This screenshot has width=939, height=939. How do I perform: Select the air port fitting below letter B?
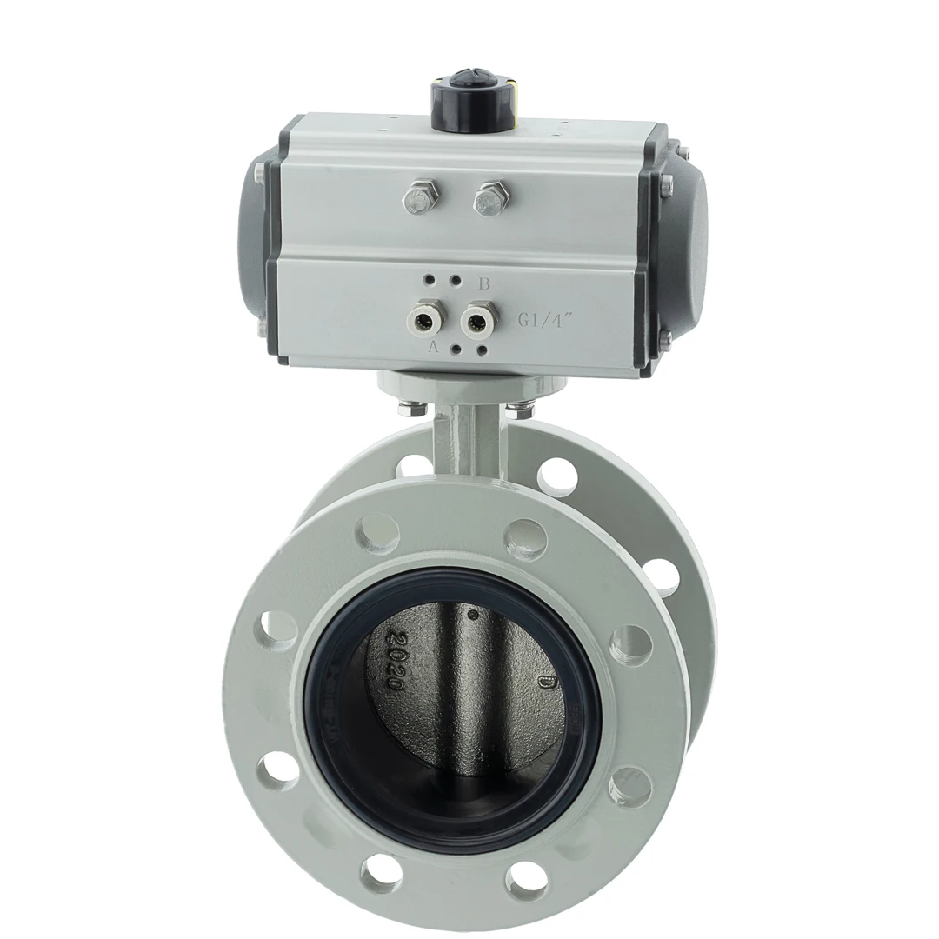pos(476,319)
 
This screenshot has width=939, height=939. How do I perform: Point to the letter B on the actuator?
pos(485,283)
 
